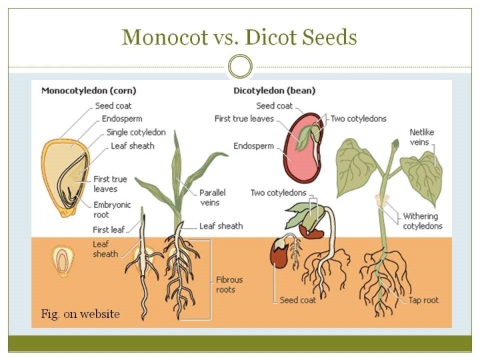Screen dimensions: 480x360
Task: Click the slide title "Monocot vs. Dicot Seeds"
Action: pos(239,37)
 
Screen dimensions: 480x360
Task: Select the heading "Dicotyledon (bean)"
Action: pos(274,91)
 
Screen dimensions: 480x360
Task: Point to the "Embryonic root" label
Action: pos(112,210)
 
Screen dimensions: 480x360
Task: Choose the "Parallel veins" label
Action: pos(213,198)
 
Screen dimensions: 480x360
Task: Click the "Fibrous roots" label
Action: pos(229,285)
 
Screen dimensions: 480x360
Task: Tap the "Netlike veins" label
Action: pos(421,137)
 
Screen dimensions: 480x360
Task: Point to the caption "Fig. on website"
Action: pos(80,313)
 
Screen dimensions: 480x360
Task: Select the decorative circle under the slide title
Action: pos(240,67)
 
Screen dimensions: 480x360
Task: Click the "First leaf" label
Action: pos(109,230)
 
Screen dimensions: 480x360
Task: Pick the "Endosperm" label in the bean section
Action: pos(253,146)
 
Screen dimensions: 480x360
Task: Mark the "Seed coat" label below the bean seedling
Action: pos(298,300)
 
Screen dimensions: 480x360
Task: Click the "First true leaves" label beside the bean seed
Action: pos(244,119)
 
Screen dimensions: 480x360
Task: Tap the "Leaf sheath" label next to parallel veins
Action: pos(221,226)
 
